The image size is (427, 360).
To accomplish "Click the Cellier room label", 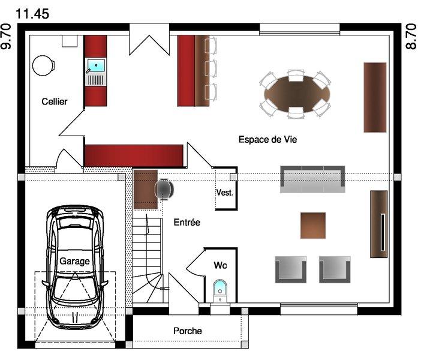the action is coord(55,101).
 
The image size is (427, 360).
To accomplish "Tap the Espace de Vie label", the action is coord(267,140).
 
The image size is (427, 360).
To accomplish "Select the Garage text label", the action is coord(74,261).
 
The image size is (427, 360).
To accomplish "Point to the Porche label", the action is coord(188,331).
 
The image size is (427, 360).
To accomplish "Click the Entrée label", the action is coord(187,223).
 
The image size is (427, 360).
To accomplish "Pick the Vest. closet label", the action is coord(225,193).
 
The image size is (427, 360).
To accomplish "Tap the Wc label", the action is coord(220,265).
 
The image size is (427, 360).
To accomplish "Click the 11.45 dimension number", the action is coord(32,14).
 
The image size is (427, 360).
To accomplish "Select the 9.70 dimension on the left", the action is coord(7,37).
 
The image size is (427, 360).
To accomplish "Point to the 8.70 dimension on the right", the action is coord(411,37).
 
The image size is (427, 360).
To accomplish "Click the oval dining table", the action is coord(297,94).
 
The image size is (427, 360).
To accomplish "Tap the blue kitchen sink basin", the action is coord(96,65).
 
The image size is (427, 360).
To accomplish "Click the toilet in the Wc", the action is coord(219,290).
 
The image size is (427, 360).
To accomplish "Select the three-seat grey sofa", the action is coord(312,179).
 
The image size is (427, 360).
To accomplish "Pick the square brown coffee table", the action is coord(313,226).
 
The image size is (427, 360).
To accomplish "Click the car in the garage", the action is coord(75,268).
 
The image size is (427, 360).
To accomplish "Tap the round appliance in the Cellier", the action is coord(43,65).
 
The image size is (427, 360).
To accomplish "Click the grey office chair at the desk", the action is coord(164,189).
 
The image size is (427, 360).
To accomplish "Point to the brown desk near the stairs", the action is coord(146,190).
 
